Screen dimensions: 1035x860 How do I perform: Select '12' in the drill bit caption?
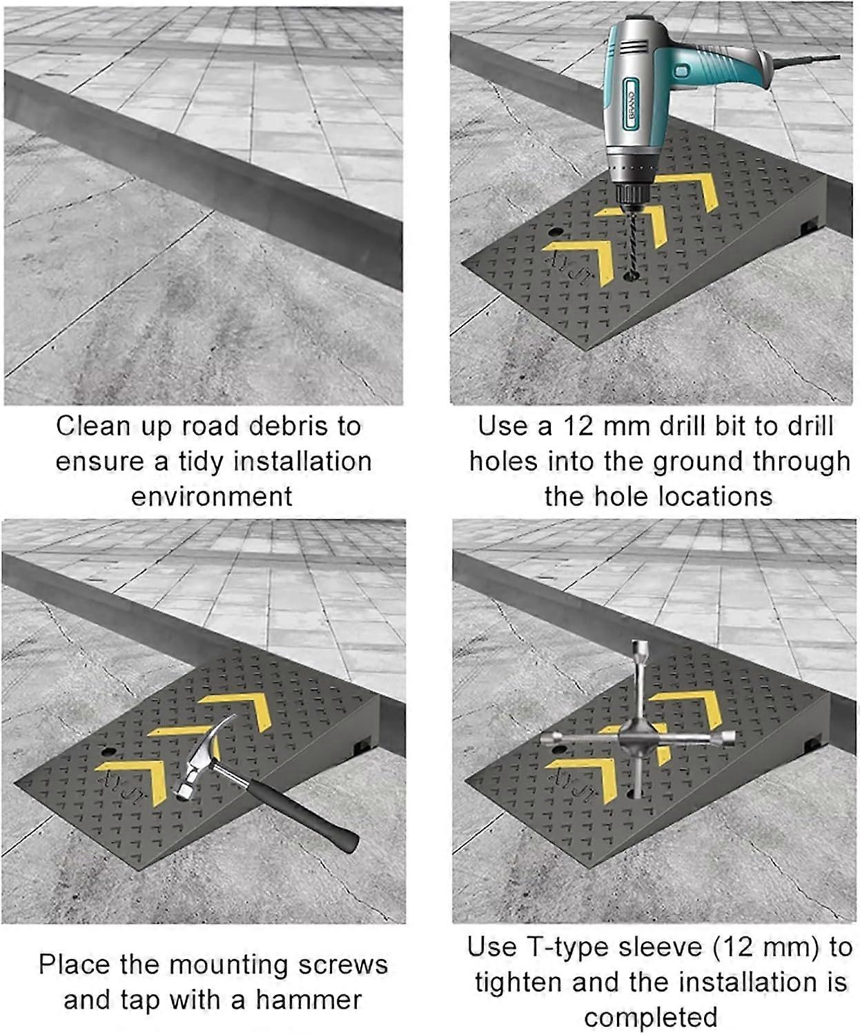[578, 426]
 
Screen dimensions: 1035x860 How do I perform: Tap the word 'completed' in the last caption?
[650, 1018]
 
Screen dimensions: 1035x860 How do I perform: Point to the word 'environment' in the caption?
[212, 497]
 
